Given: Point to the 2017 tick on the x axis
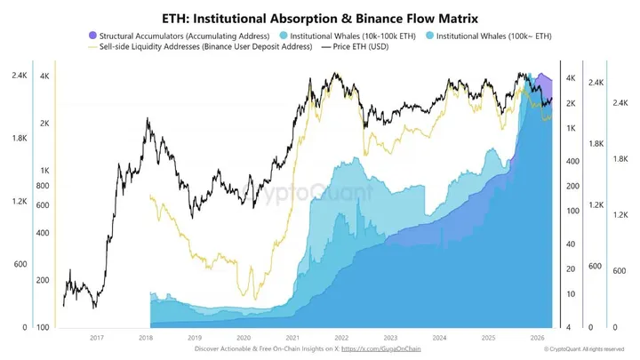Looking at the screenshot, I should (x=97, y=338).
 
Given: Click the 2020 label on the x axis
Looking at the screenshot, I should (x=244, y=338).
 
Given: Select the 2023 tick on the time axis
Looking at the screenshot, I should (x=389, y=338).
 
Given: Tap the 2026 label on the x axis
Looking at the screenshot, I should (x=536, y=338).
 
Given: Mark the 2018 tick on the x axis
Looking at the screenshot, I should (x=146, y=338).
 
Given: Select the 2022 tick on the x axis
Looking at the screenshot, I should (x=340, y=338).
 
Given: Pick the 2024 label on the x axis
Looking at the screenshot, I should (x=438, y=338).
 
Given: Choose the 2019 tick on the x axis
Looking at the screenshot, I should (x=195, y=338).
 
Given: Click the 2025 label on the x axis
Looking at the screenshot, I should (x=487, y=338).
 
